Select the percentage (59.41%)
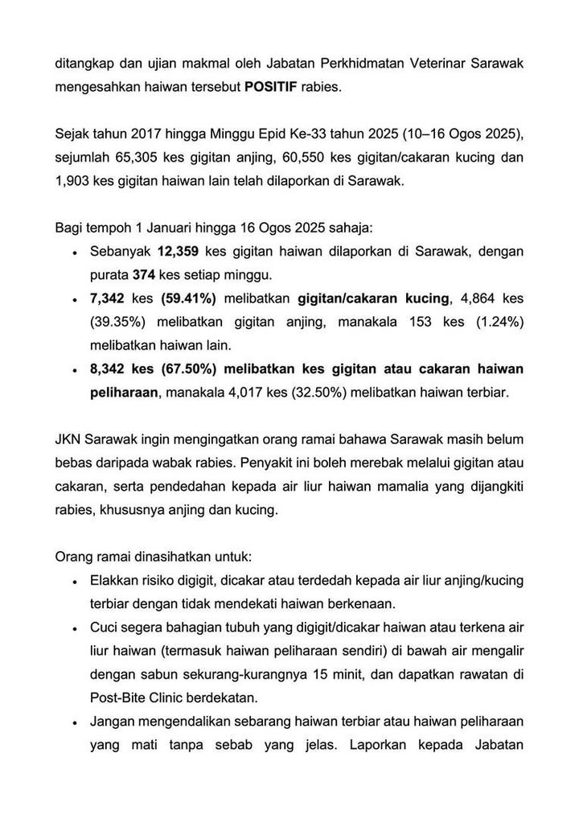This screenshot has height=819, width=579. (x=188, y=298)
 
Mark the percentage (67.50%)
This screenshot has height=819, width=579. (x=188, y=368)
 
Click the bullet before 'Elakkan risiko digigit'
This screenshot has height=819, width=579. (x=75, y=582)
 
